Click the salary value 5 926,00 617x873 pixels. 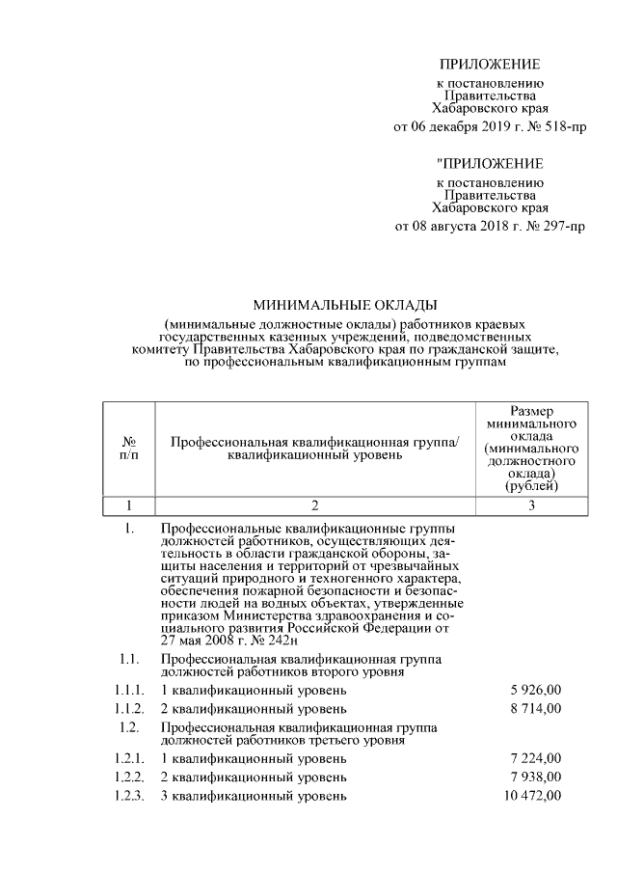(x=535, y=691)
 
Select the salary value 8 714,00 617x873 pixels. (x=535, y=709)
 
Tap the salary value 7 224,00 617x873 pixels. (x=535, y=758)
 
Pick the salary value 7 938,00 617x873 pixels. (x=535, y=777)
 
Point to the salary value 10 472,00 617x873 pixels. (x=531, y=795)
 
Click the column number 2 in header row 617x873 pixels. (x=314, y=505)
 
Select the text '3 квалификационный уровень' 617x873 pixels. (x=253, y=795)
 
